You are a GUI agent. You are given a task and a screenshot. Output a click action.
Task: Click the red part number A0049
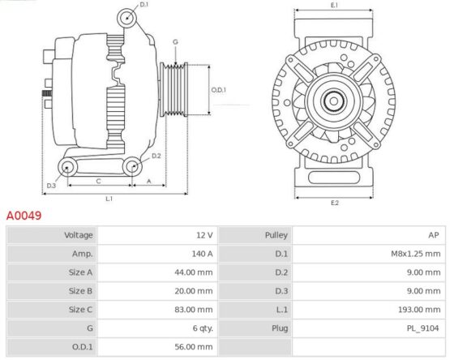(24, 216)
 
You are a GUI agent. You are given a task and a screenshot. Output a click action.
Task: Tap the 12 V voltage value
(204, 235)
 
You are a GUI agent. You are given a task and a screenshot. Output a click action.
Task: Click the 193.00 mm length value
(419, 310)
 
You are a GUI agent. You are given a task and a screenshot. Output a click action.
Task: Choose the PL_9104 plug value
(422, 328)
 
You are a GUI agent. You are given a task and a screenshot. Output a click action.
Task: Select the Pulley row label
(276, 235)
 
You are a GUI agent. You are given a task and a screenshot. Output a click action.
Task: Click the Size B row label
(80, 291)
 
